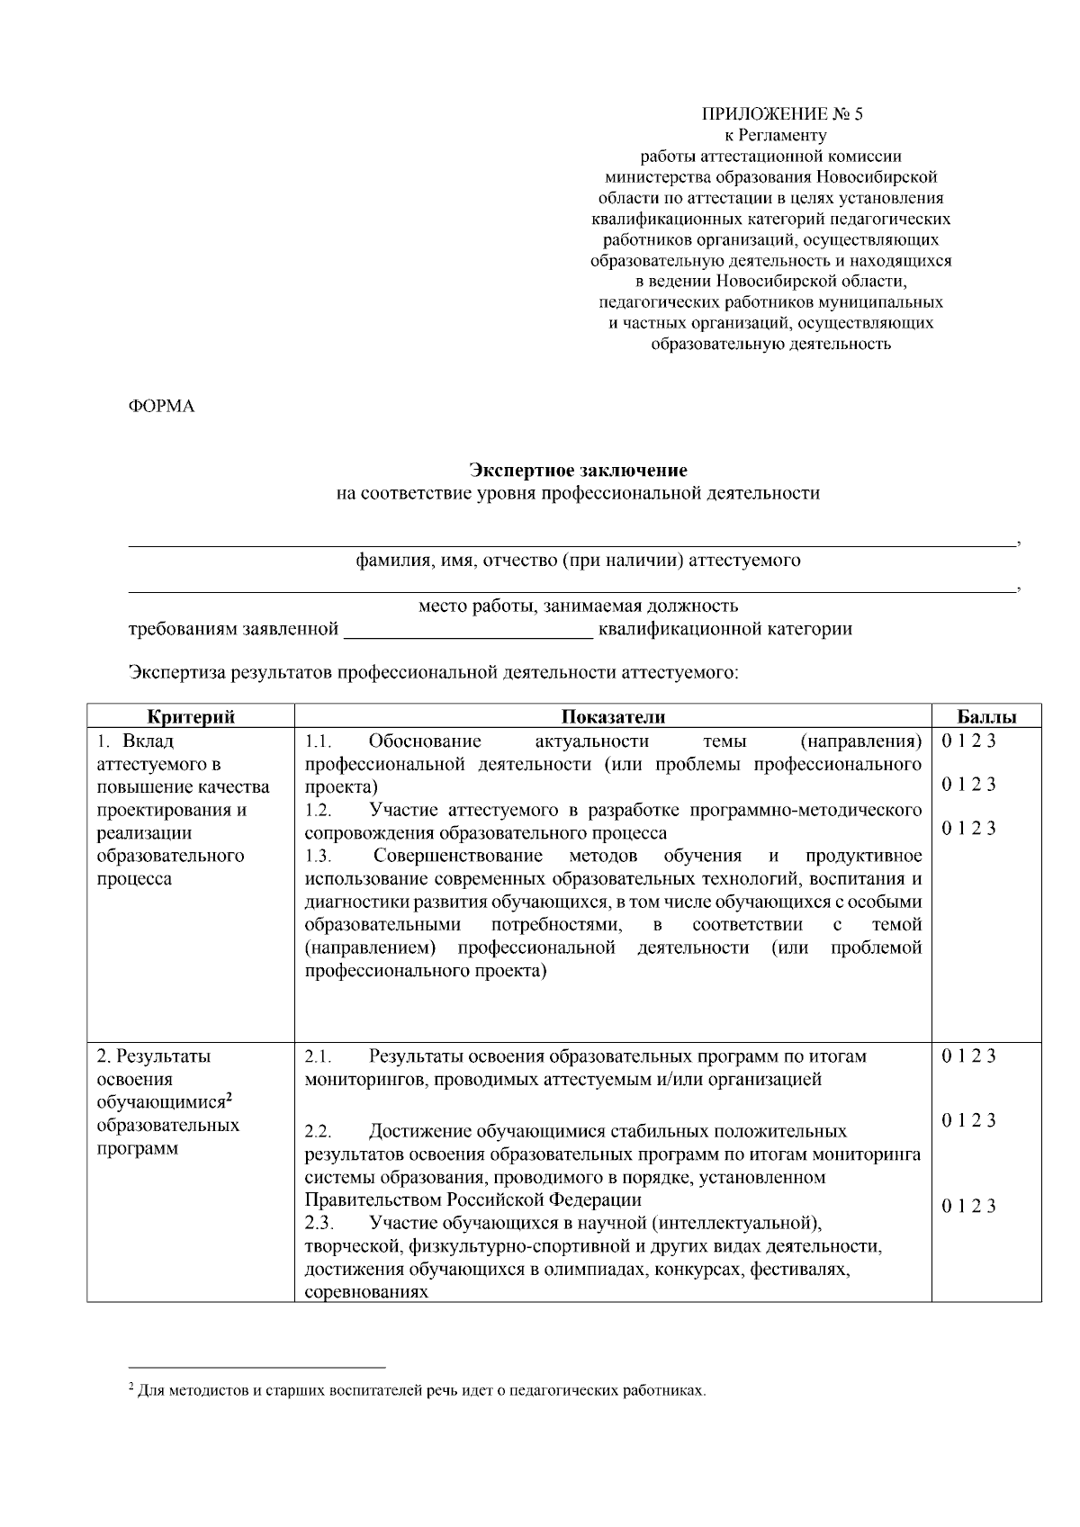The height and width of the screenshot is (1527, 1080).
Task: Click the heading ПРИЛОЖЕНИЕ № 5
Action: tap(781, 114)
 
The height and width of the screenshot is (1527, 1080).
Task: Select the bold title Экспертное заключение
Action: tap(578, 470)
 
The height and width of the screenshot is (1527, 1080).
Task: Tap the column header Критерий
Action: tap(191, 717)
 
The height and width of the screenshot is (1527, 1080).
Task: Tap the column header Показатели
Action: tap(613, 717)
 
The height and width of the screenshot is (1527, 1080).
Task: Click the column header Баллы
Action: tap(985, 717)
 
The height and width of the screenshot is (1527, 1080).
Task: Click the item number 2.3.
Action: tap(319, 1223)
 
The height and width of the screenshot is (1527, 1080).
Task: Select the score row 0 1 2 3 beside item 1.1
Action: tap(968, 741)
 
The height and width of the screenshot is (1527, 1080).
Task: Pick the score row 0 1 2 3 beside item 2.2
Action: tap(968, 1120)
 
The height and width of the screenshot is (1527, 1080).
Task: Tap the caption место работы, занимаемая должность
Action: tap(578, 606)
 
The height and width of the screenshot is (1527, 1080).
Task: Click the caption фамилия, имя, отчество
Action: tap(578, 561)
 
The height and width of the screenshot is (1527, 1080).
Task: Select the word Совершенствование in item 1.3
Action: tap(458, 855)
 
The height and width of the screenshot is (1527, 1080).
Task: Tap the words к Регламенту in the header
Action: tap(775, 136)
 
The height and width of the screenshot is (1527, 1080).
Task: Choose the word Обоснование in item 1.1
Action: tap(425, 741)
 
